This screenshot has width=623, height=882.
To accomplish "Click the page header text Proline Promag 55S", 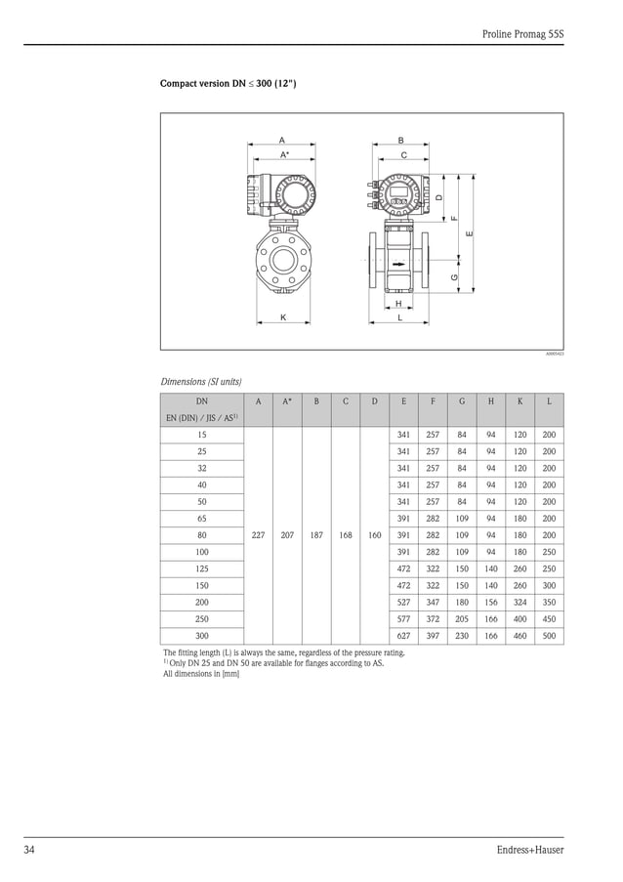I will click(x=522, y=34).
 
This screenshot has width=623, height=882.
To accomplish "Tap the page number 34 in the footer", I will click(x=30, y=849).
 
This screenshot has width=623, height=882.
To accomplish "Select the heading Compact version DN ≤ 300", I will click(x=228, y=84).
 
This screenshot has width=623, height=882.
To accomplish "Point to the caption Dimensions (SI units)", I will click(x=201, y=381).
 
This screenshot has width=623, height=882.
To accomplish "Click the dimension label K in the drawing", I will click(x=283, y=317).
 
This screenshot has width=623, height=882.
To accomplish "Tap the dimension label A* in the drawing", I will click(x=284, y=154).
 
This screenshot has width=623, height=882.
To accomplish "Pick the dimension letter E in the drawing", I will click(x=470, y=233).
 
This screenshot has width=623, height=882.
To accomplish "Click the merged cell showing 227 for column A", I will click(x=258, y=535).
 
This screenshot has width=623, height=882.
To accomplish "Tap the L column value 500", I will click(x=549, y=635).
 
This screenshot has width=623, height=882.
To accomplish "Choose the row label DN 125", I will click(x=202, y=568).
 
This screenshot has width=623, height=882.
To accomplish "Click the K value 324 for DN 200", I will click(x=519, y=602).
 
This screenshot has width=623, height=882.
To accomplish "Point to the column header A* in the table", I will click(x=287, y=401).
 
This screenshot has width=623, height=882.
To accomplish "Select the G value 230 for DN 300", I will click(x=462, y=635).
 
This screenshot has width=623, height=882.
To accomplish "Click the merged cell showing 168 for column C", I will click(x=346, y=535).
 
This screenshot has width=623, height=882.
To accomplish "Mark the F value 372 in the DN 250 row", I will click(x=433, y=618).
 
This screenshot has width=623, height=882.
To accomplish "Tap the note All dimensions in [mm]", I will click(x=201, y=674).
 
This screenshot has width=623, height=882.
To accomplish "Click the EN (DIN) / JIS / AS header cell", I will click(x=202, y=418).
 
